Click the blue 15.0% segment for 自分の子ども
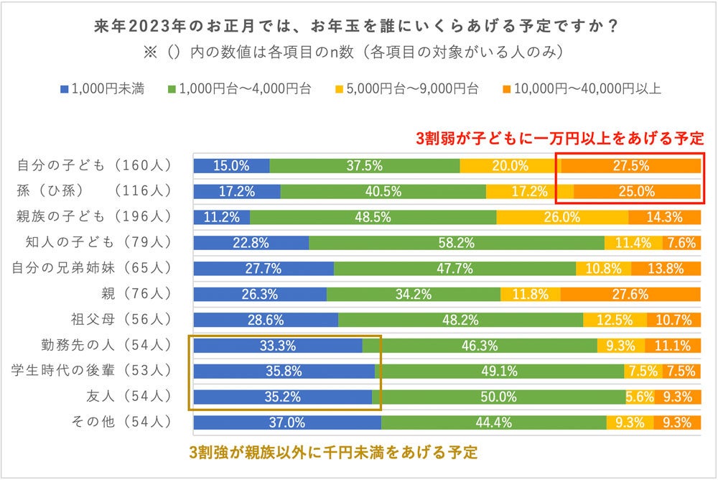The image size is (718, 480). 231,165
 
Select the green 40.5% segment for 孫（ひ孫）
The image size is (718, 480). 383,192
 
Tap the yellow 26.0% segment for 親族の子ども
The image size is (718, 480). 562,217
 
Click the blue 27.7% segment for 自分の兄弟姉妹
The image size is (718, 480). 264,269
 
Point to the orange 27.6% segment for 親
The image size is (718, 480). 630,294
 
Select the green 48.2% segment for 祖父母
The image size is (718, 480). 460,320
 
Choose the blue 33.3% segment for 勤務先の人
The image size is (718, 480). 278,346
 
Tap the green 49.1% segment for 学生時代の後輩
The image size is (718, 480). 499,371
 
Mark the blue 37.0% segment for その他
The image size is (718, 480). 287,423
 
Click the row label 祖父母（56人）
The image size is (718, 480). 124,320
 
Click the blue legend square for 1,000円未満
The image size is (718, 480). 64,90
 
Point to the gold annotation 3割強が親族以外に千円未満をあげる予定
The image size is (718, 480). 333,453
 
